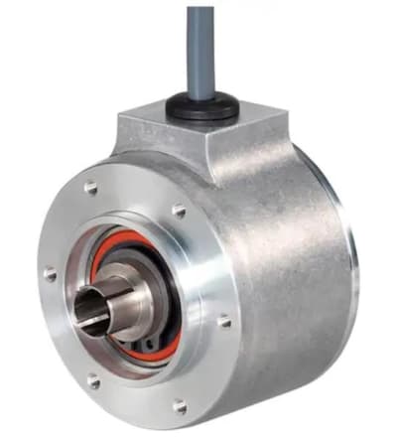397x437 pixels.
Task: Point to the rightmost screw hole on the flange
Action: [224, 321]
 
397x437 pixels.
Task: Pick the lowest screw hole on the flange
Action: [181, 406]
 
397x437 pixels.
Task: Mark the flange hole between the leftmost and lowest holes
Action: [91, 378]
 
